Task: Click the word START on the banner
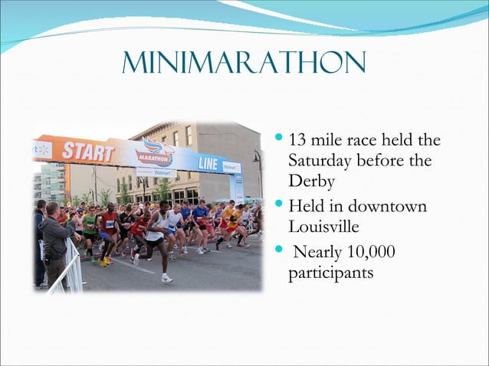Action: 88,151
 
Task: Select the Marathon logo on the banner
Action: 156,153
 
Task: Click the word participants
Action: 331,273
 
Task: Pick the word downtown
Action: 389,207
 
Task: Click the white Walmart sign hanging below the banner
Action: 156,173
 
